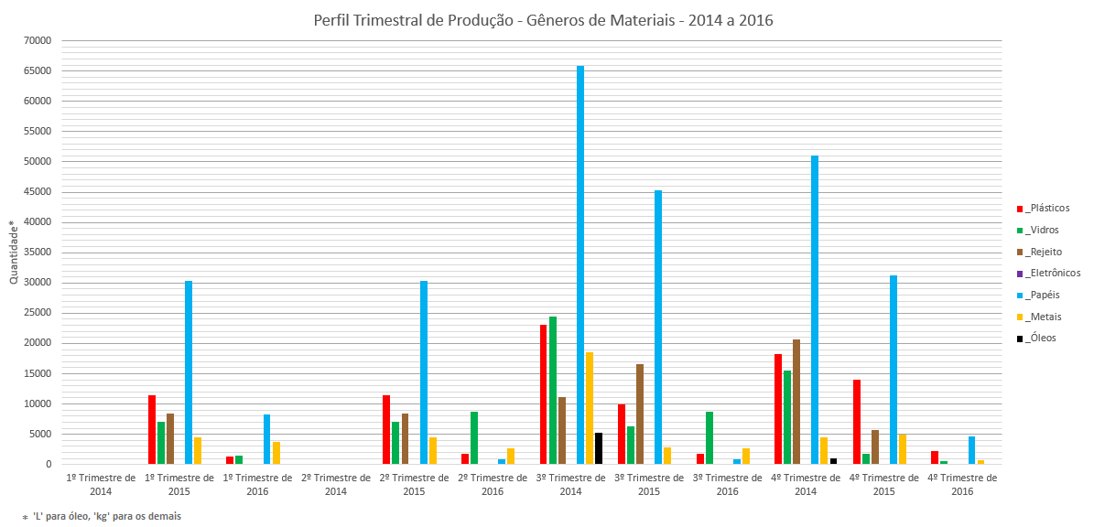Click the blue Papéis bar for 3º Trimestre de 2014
coord(580,265)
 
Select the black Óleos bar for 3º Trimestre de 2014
coord(599,448)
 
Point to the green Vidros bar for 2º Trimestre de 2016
coord(474,438)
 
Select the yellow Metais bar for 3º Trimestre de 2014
coord(590,408)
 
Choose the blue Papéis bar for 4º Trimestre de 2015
coord(894,370)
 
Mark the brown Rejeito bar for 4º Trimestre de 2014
coord(796,402)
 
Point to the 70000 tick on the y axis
coord(37,41)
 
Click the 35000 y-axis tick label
coord(37,253)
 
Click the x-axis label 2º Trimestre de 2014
coord(337,484)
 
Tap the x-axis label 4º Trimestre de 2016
coord(963,484)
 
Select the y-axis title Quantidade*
coord(13,252)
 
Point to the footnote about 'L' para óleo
coord(102,517)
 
